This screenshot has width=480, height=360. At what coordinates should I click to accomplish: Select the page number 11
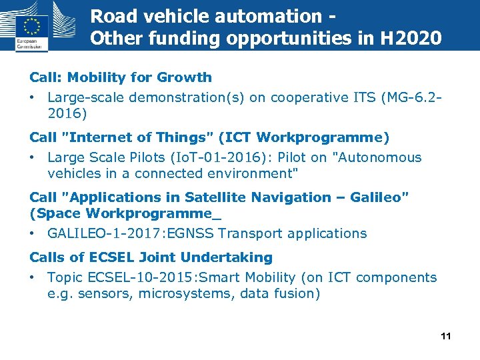pos(446,336)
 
